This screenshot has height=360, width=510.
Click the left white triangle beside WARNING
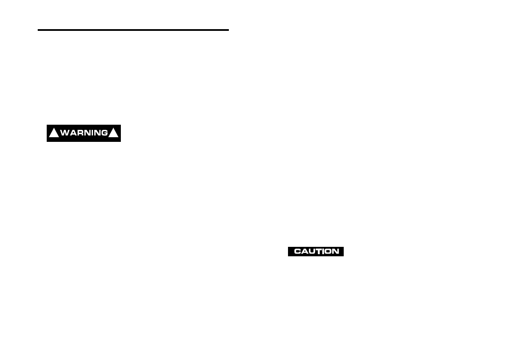54,133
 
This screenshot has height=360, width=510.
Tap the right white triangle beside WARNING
114,133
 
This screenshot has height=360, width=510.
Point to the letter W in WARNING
65,133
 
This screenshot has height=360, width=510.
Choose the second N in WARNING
97,133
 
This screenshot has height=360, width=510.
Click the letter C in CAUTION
297,252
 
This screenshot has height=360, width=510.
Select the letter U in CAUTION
311,252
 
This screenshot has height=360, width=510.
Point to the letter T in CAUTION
318,252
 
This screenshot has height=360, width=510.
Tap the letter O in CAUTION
327,252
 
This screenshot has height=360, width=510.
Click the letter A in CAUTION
304,252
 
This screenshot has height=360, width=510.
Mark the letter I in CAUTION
322,252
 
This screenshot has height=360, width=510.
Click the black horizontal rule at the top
133,30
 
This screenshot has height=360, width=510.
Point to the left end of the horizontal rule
39,30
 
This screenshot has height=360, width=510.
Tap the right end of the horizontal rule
228,30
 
